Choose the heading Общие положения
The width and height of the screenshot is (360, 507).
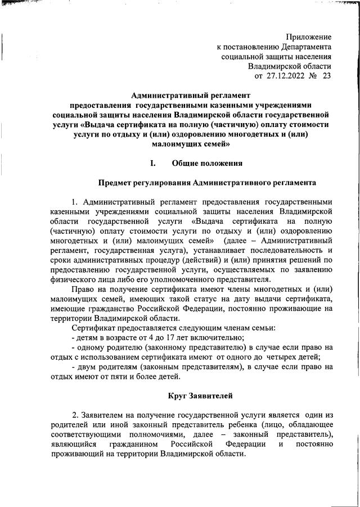click(207, 164)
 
